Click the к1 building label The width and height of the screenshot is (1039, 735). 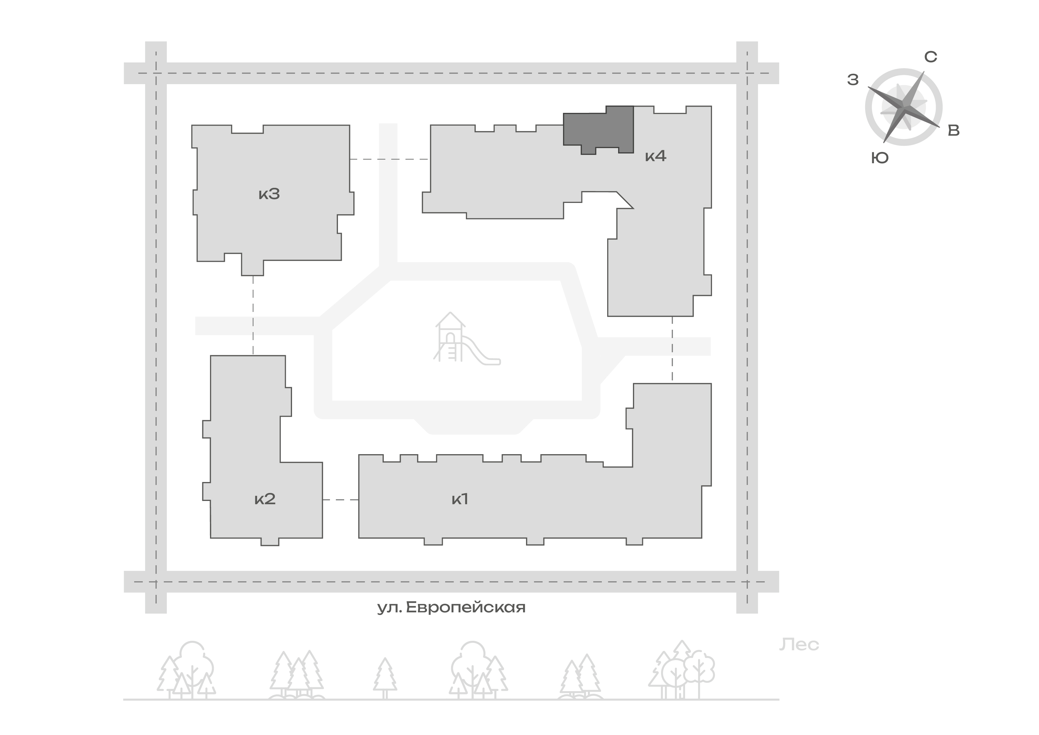[460, 499]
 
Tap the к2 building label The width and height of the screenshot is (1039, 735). [265, 499]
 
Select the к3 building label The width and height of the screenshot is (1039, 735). [269, 194]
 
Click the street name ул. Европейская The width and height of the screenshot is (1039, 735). [451, 607]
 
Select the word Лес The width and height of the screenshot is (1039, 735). [799, 645]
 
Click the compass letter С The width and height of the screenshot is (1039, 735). [930, 57]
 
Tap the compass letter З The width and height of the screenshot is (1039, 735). [853, 80]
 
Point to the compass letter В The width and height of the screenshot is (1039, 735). [953, 131]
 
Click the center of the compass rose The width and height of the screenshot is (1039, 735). [904, 107]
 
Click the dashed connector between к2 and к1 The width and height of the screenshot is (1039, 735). [341, 500]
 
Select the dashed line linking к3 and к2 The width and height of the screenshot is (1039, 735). [253, 316]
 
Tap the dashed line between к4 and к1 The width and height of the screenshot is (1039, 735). [672, 350]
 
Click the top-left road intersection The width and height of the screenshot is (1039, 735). [156, 73]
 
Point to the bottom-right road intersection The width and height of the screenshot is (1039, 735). [747, 582]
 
